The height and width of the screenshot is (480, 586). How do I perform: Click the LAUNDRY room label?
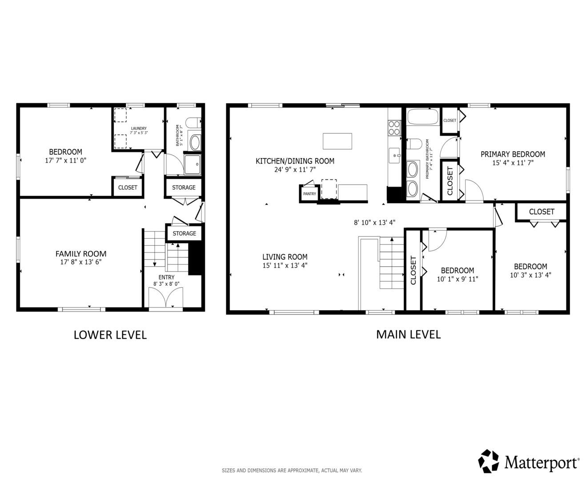(139, 128)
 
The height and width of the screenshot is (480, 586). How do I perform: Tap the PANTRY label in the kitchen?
(309, 194)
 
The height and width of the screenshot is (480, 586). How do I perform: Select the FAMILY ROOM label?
(81, 254)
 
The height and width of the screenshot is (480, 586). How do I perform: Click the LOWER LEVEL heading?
(110, 335)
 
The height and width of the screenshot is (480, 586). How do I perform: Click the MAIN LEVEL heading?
(408, 334)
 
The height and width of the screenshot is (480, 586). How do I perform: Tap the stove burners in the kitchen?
(394, 128)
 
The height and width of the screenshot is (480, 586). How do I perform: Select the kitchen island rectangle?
(337, 141)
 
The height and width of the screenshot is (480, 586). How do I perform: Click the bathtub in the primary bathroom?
(423, 116)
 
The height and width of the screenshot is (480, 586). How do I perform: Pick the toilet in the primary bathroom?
(414, 144)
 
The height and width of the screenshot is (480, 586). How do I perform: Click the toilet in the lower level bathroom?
(193, 123)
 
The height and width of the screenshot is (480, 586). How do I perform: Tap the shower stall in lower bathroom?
(192, 164)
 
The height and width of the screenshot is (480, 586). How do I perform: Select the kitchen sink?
(394, 156)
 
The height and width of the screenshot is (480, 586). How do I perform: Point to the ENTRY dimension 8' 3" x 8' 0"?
(166, 284)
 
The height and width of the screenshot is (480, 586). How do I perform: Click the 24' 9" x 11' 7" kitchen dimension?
(295, 169)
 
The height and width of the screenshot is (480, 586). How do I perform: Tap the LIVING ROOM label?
(285, 257)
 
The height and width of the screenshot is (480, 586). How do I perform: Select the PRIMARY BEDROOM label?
(513, 154)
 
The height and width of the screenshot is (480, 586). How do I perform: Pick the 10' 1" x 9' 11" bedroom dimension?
(458, 279)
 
